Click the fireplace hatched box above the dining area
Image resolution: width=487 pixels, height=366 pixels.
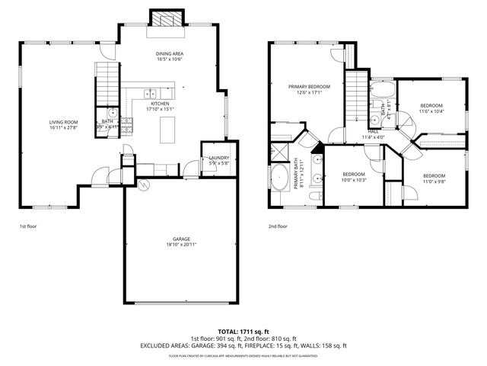165,19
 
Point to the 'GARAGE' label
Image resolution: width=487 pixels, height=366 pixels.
180,239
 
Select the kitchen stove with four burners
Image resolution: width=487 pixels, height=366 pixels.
127,130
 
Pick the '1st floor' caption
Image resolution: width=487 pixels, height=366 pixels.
27,226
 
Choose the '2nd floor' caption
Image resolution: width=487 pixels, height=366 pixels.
278,226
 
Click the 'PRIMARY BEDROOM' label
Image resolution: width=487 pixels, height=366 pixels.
309,87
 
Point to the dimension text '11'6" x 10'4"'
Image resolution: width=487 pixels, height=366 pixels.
431,111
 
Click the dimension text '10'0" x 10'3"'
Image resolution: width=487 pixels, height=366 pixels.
354,180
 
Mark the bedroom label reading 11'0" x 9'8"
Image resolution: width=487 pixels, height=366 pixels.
434,181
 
